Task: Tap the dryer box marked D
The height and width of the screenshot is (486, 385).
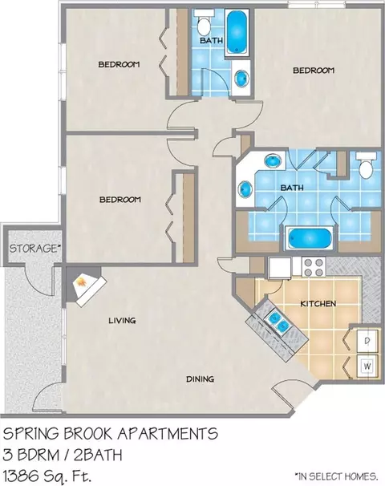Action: coord(367,341)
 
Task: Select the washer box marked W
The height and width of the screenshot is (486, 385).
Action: coord(367,366)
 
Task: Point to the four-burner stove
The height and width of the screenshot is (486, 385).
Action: coord(313,267)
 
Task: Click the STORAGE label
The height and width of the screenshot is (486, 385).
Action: coord(34,249)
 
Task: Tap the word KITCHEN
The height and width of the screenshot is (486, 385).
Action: coord(318,303)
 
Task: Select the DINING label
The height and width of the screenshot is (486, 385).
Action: coord(200,379)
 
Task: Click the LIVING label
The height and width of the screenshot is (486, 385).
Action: coord(122,320)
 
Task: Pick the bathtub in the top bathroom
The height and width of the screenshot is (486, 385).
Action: coord(237,32)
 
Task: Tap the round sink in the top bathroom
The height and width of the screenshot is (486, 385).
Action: coord(241,79)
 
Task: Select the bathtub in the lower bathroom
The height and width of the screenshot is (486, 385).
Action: coord(309,239)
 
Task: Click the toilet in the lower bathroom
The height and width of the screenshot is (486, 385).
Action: coord(367,166)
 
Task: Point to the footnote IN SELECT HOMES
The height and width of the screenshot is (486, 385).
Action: coord(336,476)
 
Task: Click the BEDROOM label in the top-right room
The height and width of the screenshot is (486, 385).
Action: coord(314,71)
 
